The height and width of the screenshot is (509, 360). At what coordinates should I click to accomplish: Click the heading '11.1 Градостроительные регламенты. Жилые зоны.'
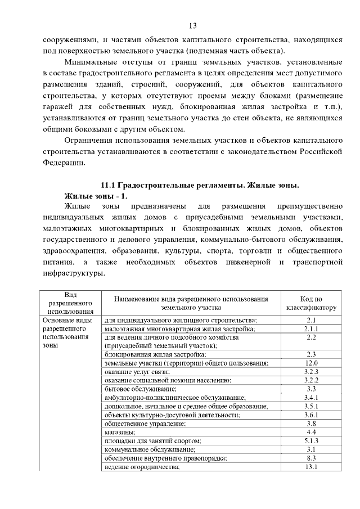pyautogui.click(x=199, y=186)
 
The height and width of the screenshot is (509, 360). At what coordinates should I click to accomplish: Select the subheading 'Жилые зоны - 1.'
pyautogui.click(x=97, y=196)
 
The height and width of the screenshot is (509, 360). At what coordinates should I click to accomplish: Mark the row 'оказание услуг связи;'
pyautogui.click(x=137, y=372)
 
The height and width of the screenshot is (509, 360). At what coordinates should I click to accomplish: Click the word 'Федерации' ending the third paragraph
pyautogui.click(x=64, y=163)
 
